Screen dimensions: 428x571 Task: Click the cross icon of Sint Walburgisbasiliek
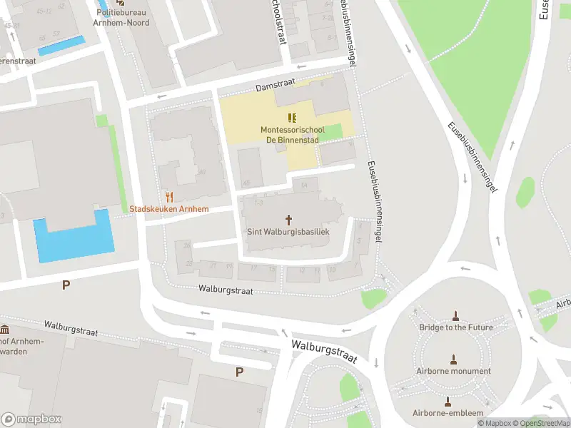(290, 219)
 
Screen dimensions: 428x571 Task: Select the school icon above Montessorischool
(291, 118)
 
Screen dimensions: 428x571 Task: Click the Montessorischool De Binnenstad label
(292, 135)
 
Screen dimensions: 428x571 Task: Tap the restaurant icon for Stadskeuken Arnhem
(169, 196)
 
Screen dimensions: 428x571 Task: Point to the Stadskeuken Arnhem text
(169, 209)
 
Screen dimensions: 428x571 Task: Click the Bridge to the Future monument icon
(455, 315)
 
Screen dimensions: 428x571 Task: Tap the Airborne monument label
(454, 371)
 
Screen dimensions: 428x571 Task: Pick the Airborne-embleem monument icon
(448, 401)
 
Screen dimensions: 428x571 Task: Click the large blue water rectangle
(74, 237)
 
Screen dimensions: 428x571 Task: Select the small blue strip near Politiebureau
(61, 46)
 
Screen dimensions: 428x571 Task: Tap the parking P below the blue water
(66, 285)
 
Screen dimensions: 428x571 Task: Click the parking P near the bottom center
(239, 371)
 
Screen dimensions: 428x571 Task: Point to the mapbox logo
(31, 419)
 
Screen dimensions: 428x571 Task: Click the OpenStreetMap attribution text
(542, 423)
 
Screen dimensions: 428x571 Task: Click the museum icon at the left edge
(5, 330)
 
